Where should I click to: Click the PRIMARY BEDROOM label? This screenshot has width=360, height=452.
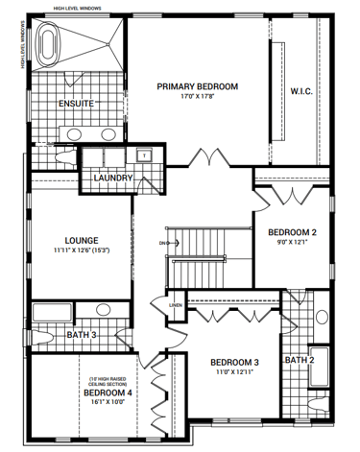click(198, 86)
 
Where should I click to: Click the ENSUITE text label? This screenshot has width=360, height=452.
click(76, 104)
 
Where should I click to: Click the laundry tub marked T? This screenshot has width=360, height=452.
click(144, 155)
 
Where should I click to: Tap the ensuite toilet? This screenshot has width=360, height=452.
click(38, 155)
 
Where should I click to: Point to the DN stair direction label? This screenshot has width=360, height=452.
click(163, 243)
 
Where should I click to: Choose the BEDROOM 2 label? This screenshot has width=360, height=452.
click(292, 232)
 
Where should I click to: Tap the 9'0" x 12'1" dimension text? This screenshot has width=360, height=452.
click(292, 243)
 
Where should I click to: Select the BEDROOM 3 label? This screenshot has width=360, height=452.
click(235, 362)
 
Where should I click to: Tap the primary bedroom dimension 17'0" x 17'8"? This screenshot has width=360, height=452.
click(198, 97)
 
